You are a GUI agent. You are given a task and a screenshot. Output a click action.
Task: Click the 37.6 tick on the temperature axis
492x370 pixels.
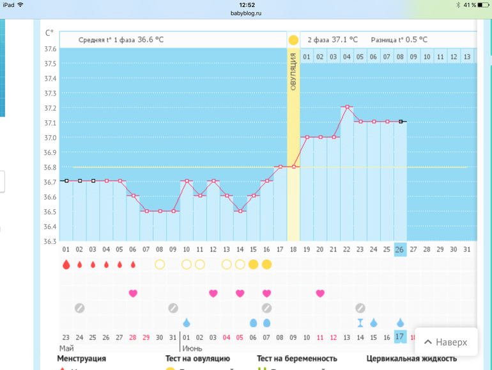tap(50, 49)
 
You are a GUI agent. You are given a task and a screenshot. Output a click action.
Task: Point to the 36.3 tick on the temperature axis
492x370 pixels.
tap(50, 241)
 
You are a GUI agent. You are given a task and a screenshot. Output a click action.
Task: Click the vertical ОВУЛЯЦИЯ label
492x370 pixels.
tap(293, 72)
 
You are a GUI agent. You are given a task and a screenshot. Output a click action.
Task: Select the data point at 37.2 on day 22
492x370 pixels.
tap(347, 107)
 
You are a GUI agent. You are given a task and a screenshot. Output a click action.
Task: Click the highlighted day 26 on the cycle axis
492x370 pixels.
tap(400, 249)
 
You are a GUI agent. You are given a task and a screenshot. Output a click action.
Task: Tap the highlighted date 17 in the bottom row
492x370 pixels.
tap(400, 337)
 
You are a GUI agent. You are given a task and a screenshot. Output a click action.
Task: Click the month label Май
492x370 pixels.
tap(66, 348)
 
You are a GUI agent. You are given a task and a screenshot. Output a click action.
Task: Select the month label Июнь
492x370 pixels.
tap(192, 348)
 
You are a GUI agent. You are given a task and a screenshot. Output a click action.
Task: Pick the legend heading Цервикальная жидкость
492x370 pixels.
tap(412, 359)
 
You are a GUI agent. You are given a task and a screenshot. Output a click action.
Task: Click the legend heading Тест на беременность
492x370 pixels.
tap(296, 359)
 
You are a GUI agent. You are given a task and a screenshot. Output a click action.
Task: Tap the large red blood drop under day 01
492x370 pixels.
tap(66, 264)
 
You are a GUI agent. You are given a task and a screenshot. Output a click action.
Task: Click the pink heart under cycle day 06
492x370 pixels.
tap(133, 293)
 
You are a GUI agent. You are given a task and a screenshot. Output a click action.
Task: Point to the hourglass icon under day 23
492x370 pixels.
tap(360, 323)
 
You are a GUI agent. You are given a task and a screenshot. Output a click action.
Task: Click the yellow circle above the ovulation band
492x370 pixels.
tap(293, 40)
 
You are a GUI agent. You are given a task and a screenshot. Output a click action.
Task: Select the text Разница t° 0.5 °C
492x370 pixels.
tap(399, 40)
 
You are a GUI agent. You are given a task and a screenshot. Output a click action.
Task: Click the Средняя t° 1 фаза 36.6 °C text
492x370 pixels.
tap(121, 40)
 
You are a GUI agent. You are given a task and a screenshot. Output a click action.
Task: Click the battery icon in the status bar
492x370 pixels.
tap(483, 4)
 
